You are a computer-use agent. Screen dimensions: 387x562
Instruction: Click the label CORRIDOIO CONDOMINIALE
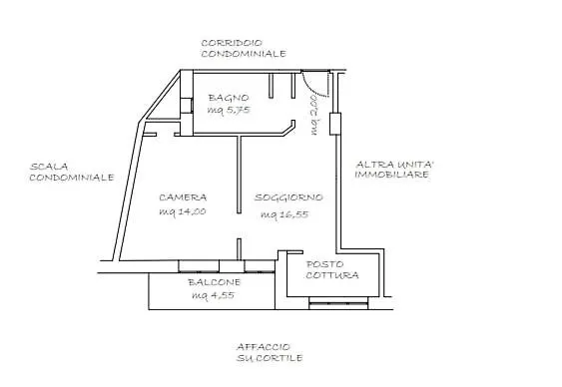point(243,48)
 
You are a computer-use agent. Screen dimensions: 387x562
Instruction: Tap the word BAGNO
point(228,98)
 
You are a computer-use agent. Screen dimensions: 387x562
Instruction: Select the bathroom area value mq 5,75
point(228,111)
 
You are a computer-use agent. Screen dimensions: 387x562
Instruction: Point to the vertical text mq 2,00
point(313,114)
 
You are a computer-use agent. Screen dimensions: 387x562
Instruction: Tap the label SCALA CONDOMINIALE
point(70,172)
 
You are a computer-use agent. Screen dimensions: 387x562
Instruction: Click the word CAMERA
point(182,197)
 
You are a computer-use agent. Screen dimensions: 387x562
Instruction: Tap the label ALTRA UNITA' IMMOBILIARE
point(392,169)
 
